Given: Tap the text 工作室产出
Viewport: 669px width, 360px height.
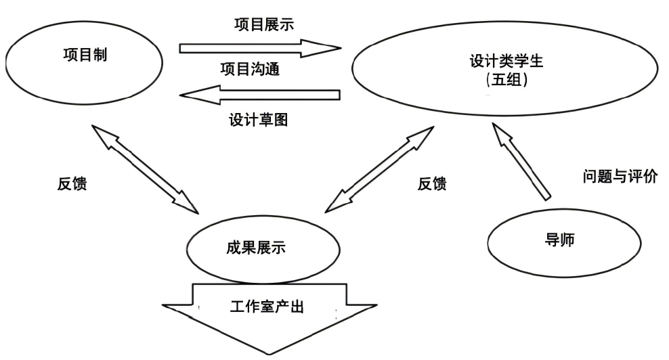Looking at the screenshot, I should (x=268, y=306).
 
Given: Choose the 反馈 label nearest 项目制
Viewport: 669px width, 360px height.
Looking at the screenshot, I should (x=72, y=184).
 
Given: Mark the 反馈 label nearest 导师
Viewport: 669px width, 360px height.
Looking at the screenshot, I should (x=432, y=184).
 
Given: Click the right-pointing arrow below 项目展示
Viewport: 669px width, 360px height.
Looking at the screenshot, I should (x=260, y=47).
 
